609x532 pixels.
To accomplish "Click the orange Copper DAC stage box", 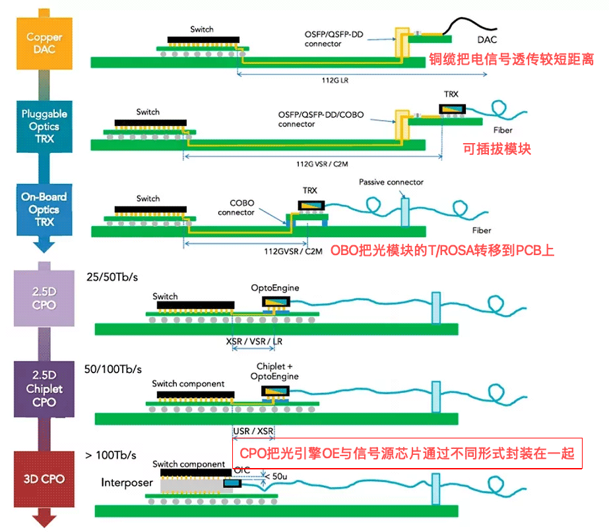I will click(44, 43).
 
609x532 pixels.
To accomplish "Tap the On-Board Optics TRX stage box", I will click(44, 209).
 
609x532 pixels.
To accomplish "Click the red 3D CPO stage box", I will click(44, 478).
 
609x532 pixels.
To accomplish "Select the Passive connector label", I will click(391, 182).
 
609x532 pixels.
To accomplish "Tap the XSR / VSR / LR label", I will click(253, 342).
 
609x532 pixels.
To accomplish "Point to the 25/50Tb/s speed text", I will click(112, 278).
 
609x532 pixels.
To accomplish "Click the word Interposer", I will click(127, 483).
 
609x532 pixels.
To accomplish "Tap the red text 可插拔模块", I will click(496, 149).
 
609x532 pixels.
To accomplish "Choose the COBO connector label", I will click(236, 208).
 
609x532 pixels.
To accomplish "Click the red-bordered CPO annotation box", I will click(408, 454).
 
